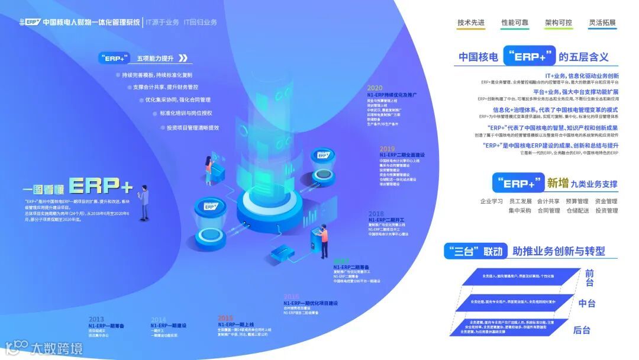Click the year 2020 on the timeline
coord(375,88)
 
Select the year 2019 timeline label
coord(388,149)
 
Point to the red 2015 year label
coord(225,318)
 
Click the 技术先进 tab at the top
coord(471,23)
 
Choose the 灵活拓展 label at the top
coord(602,23)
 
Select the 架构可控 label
coord(559,23)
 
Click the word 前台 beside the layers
coord(589,278)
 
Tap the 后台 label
coord(582,330)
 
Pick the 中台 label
coord(587,303)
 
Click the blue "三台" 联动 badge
coord(475,251)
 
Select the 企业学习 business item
coord(492,201)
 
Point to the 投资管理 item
coord(606,210)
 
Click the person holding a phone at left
coord(144,201)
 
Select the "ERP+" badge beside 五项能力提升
coord(115,58)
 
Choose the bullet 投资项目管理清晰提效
coord(193,127)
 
